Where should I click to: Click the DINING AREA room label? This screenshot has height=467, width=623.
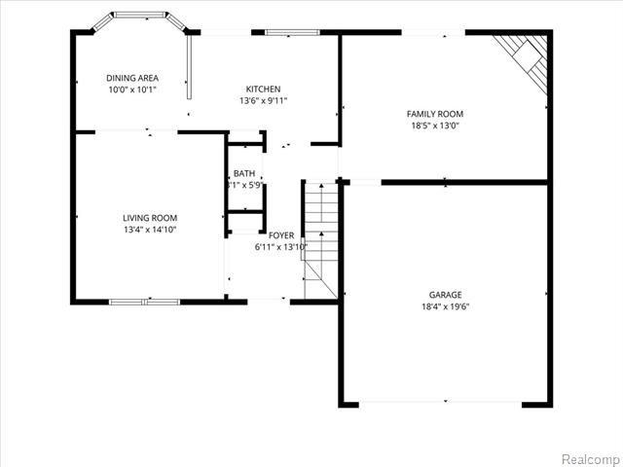click(x=131, y=78)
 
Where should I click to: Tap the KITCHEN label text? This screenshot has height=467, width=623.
click(x=263, y=88)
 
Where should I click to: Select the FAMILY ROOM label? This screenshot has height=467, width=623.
click(x=434, y=114)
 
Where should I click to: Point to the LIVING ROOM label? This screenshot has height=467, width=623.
click(x=150, y=218)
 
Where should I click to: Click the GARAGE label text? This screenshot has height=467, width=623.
click(x=446, y=295)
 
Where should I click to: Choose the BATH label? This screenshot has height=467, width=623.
click(x=243, y=173)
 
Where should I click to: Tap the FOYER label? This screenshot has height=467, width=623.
click(x=281, y=235)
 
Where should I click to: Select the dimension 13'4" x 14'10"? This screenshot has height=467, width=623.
click(x=150, y=230)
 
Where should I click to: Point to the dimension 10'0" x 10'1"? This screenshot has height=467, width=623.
click(x=131, y=90)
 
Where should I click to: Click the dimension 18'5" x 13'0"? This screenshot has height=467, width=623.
click(x=434, y=125)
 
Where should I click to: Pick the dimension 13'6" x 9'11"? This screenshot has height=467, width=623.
click(x=263, y=99)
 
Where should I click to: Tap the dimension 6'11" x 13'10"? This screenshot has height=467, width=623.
click(x=281, y=246)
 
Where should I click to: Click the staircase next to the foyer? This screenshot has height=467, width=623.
click(x=319, y=238)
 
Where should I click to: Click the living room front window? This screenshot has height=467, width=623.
click(x=144, y=302)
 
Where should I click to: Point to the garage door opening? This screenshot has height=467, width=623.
click(x=446, y=402)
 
